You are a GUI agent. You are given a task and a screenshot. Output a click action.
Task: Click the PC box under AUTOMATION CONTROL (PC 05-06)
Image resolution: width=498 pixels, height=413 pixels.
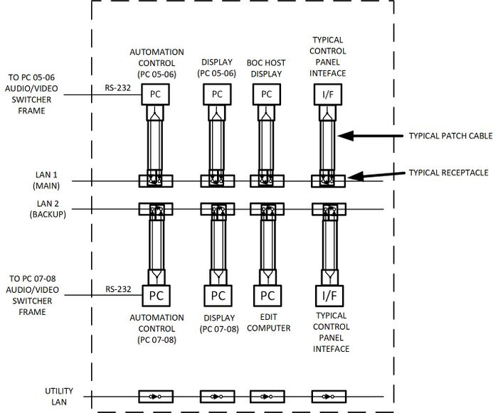(155, 93)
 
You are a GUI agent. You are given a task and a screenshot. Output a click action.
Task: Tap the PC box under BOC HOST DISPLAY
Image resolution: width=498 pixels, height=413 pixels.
(267, 93)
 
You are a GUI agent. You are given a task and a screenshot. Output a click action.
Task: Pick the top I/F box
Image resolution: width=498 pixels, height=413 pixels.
(327, 93)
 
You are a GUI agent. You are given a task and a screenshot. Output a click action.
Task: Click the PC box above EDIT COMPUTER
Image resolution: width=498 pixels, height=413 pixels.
(267, 295)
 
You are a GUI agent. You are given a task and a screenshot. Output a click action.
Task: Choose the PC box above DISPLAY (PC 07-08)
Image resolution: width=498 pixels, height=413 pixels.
(218, 295)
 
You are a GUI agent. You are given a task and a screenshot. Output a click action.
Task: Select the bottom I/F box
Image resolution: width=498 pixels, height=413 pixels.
(327, 295)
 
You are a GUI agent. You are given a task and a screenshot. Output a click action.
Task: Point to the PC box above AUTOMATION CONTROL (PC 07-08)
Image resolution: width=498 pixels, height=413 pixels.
(156, 295)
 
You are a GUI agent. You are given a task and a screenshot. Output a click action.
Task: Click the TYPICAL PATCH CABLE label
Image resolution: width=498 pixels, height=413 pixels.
(450, 135)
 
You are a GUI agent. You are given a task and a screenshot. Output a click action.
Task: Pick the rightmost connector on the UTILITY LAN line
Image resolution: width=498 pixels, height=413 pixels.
(327, 397)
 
